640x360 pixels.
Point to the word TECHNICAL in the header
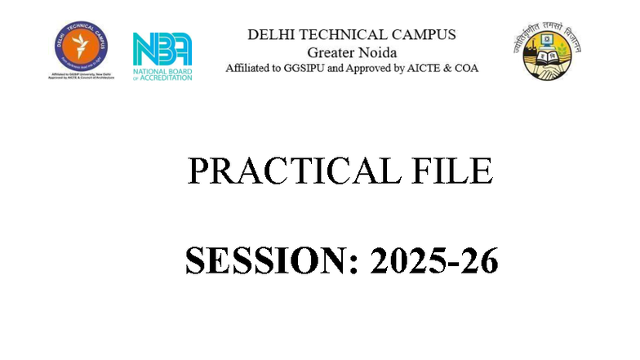click(x=343, y=35)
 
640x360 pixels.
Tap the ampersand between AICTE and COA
click(x=454, y=69)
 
